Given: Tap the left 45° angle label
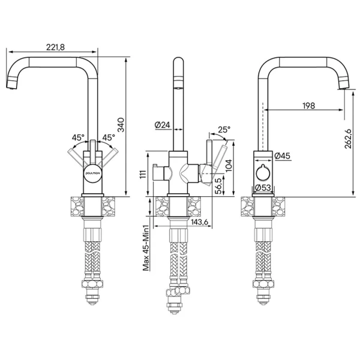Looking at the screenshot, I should pyautogui.click(x=79, y=137).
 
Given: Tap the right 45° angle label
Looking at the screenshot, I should pyautogui.click(x=108, y=137).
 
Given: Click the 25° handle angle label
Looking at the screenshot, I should pyautogui.click(x=223, y=129).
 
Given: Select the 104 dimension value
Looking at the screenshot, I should pyautogui.click(x=228, y=165).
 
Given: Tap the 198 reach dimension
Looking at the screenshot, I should pyautogui.click(x=308, y=106).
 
